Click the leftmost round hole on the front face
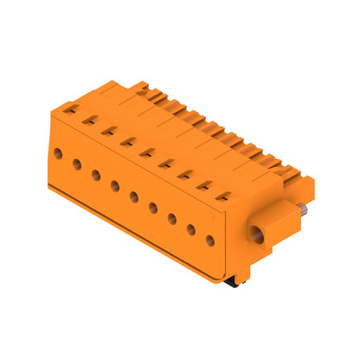click(58, 152)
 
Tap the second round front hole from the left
click(77, 164)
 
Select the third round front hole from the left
click(96, 175)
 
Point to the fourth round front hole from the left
click(115, 186)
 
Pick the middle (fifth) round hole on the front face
click(134, 196)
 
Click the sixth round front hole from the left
click(153, 208)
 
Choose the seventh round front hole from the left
click(172, 219)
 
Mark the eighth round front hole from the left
click(191, 230)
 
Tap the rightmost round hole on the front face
click(210, 241)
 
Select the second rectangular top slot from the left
click(89, 120)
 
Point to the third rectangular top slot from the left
click(108, 131)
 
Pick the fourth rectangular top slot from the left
click(127, 142)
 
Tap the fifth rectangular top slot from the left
click(146, 153)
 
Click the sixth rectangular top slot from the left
click(165, 164)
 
